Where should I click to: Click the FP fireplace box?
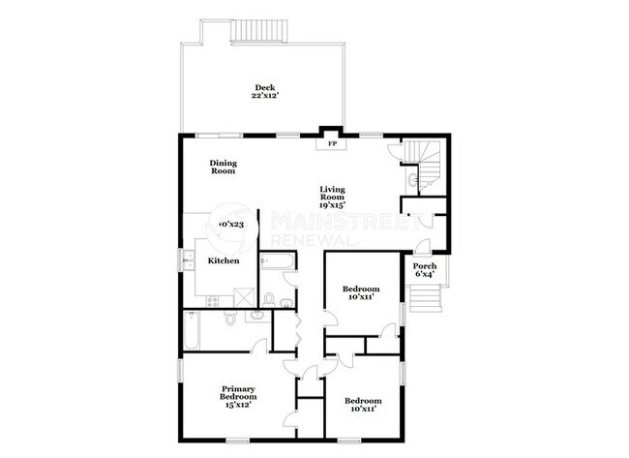[331, 144]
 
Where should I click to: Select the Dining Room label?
[224, 167]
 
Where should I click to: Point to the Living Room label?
[334, 193]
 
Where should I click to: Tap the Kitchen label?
[224, 261]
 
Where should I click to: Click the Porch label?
[424, 266]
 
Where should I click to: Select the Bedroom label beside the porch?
[362, 290]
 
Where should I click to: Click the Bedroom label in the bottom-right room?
[362, 401]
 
